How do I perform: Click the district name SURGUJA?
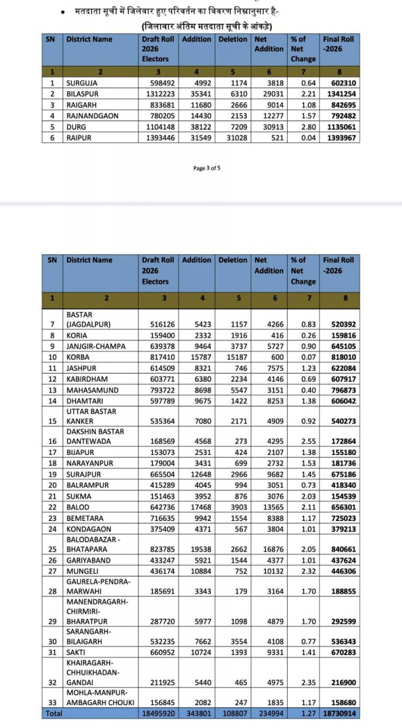point(82,83)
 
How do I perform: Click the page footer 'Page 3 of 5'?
point(207,168)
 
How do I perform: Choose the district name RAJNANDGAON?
point(93,116)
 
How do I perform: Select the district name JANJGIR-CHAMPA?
point(95,346)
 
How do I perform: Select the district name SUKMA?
point(78,496)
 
